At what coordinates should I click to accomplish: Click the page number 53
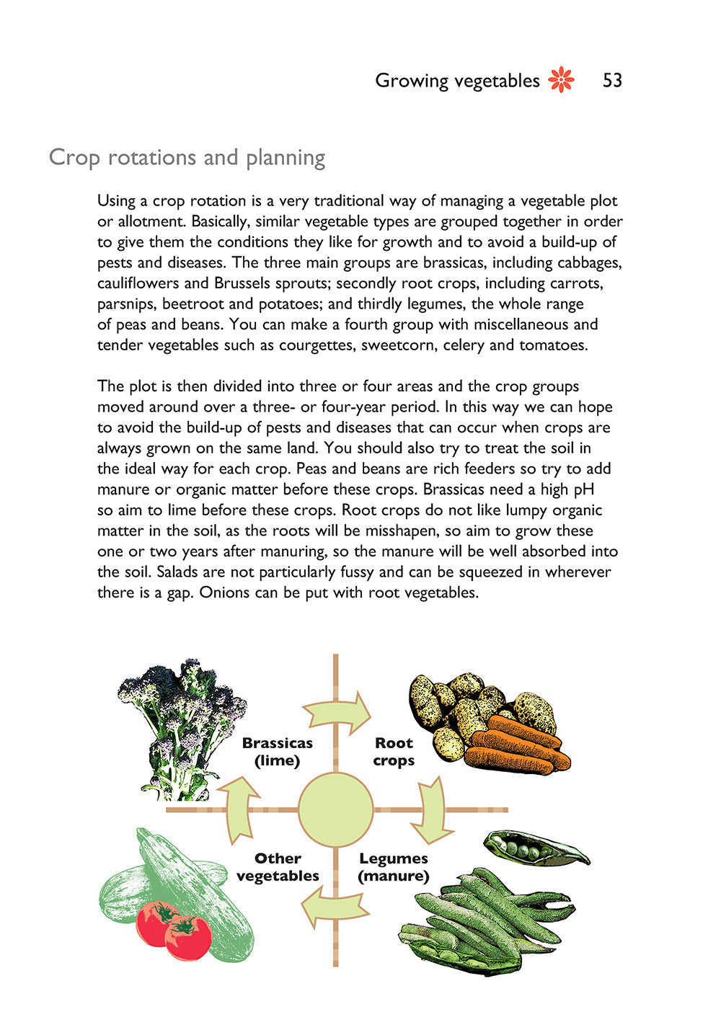[612, 81]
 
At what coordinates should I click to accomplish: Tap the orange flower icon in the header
[562, 80]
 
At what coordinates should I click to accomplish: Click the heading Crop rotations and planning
[187, 157]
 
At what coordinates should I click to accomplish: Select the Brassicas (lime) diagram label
[277, 752]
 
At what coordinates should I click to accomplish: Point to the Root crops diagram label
[394, 752]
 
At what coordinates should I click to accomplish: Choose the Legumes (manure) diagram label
[394, 867]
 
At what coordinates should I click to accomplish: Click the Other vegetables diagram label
[278, 867]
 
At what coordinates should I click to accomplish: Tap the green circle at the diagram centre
[335, 809]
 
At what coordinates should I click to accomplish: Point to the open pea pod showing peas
[534, 848]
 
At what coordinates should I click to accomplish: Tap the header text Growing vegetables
[457, 81]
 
